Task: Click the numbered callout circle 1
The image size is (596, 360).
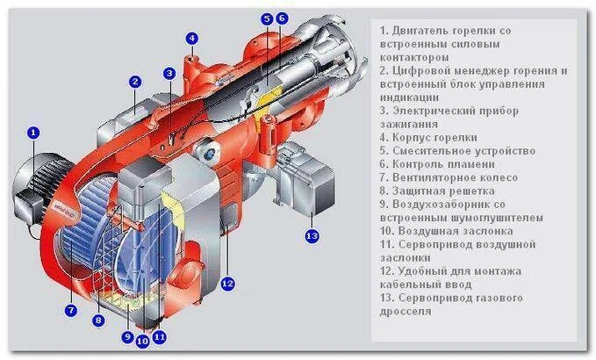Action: click(33, 133)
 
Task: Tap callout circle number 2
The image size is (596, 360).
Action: click(135, 82)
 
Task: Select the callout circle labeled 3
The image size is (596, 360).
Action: click(169, 73)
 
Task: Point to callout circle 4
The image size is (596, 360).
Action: click(192, 38)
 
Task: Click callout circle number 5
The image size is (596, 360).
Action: click(267, 18)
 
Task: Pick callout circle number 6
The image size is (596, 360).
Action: click(281, 18)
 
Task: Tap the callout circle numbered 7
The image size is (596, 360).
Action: click(71, 310)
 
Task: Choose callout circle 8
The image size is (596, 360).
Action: click(99, 321)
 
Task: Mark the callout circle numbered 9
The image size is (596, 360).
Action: click(127, 336)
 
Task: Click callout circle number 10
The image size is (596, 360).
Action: click(142, 342)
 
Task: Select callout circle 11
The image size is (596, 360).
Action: click(159, 336)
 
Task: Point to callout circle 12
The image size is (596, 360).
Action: click(227, 283)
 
